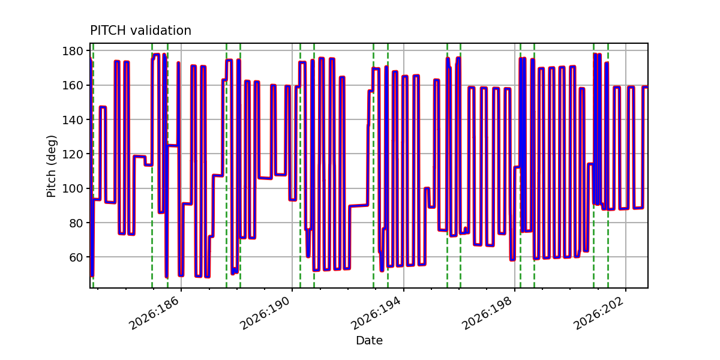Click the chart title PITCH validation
(140, 31)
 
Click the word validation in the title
(161, 31)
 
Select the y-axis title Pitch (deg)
(52, 166)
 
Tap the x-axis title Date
(369, 340)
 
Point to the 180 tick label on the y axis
(73, 51)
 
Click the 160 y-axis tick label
(73, 85)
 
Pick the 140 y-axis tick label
(73, 119)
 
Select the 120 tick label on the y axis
(73, 154)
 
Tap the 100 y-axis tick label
(73, 188)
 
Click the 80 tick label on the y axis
(76, 223)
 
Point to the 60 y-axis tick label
(76, 257)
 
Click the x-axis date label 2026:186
(154, 313)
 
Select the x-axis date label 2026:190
(265, 313)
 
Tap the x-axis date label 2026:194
(376, 313)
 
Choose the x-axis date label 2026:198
(487, 313)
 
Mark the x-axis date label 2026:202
(599, 313)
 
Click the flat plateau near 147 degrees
(103, 107)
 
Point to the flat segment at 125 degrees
(173, 145)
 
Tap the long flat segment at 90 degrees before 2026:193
(358, 206)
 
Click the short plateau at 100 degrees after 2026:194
(427, 188)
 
